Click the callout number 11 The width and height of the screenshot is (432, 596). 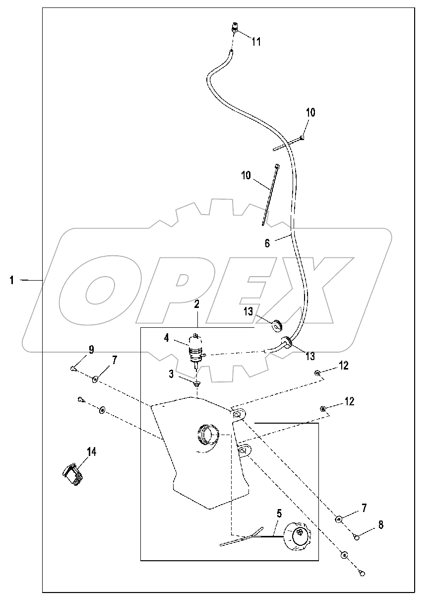tap(256, 42)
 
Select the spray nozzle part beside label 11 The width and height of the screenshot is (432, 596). tap(235, 27)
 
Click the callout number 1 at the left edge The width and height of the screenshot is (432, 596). tap(11, 281)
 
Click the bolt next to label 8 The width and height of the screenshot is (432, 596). tap(357, 537)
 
